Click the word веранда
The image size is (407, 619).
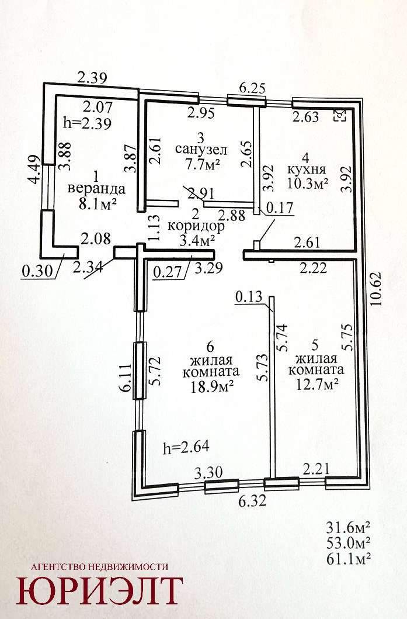96,189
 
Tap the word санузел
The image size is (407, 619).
201,150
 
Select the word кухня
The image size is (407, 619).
307,170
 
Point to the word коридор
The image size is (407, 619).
196,226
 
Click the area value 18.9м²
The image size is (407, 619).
211,385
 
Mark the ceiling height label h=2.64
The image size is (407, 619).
186,447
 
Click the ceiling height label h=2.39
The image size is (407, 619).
88,123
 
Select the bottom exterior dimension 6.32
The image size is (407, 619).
253,500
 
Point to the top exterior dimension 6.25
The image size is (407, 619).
253,88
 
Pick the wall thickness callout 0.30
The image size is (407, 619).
37,271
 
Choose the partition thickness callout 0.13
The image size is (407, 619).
249,297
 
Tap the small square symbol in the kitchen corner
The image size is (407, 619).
340,116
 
